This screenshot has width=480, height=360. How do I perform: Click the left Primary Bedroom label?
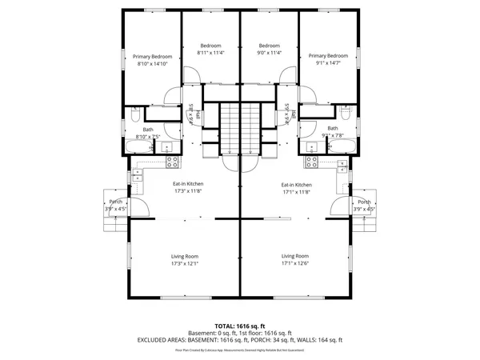[151, 56]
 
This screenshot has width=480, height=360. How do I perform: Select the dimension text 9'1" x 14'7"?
[331, 62]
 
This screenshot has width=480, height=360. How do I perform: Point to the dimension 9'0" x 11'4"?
[269, 53]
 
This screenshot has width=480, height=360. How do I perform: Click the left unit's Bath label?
[148, 130]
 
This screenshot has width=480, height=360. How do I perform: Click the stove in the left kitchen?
[172, 162]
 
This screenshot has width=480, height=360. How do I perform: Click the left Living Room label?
[185, 256]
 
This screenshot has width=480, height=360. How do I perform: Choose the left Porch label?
[116, 202]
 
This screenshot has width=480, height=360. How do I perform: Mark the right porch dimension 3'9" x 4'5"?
[364, 209]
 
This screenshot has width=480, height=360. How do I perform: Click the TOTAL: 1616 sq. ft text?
[240, 326]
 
